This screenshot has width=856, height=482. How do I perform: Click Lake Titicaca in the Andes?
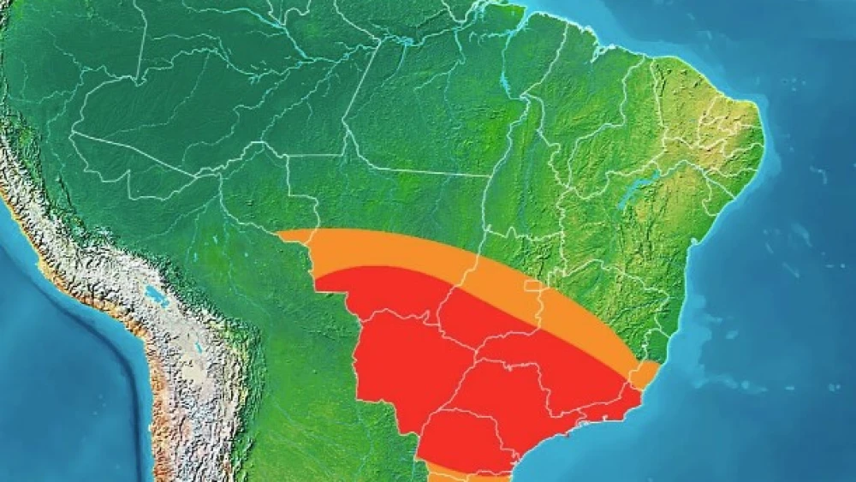[156, 297]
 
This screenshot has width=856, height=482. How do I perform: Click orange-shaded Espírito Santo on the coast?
[644, 373]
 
